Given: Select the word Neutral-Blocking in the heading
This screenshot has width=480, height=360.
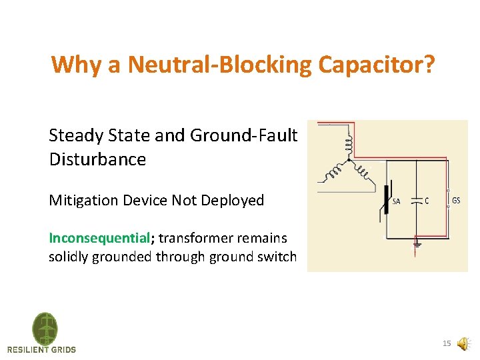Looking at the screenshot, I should [x=221, y=65].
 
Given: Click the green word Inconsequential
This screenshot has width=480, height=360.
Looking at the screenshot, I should [x=98, y=238].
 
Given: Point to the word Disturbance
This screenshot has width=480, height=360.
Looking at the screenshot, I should [x=97, y=159].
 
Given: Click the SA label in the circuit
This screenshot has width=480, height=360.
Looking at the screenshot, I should [x=396, y=201].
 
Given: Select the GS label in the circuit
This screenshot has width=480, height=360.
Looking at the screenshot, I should [x=456, y=201].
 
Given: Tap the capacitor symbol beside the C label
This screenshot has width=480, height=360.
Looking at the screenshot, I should [x=416, y=199].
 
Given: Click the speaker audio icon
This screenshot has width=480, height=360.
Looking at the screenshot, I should [x=463, y=344].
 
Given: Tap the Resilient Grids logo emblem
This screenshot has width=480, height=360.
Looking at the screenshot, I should [x=45, y=328].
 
